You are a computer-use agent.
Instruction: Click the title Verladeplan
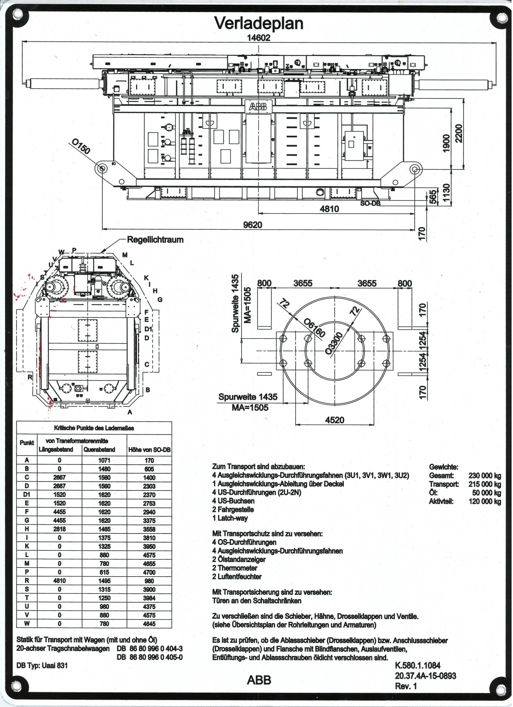[x=259, y=24]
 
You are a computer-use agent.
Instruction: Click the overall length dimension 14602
[x=258, y=38]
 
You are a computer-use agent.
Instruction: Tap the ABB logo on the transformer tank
[x=258, y=106]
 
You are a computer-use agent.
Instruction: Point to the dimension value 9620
[x=252, y=225]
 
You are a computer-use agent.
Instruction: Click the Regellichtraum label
[x=155, y=240]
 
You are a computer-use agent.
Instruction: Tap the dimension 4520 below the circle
[x=335, y=420]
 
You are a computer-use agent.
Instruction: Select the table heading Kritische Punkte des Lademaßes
[x=95, y=428]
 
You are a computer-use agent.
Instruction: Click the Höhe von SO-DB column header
[x=149, y=450]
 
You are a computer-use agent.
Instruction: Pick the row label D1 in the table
[x=27, y=494]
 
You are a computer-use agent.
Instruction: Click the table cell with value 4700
[x=149, y=572]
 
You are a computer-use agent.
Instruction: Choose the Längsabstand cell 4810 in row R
[x=60, y=581]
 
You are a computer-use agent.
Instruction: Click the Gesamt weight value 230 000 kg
[x=484, y=475]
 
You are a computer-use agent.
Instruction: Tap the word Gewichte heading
[x=444, y=467]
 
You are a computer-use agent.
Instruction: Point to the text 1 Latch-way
[x=232, y=518]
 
